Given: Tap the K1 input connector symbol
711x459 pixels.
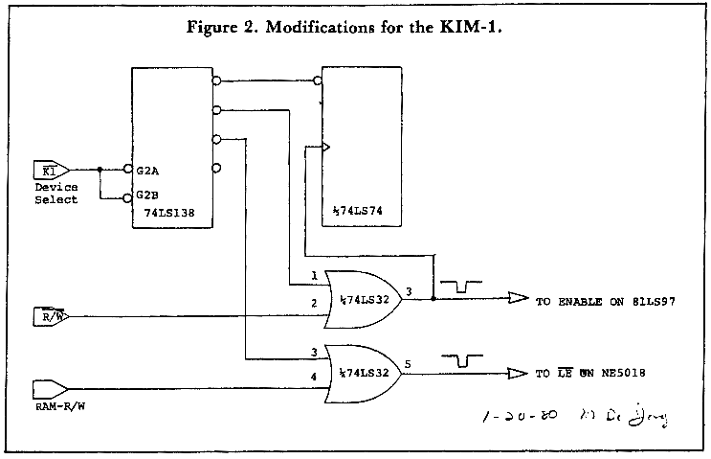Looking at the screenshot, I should [x=48, y=170].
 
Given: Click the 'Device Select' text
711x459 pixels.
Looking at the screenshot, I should [x=55, y=194].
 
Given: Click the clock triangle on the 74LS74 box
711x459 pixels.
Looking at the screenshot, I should [x=326, y=148].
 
